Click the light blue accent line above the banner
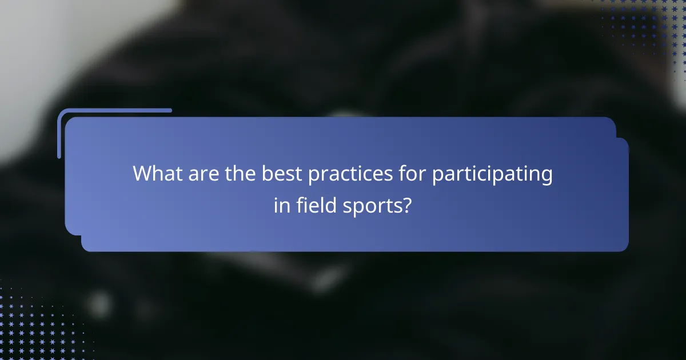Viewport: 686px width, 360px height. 114,111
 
